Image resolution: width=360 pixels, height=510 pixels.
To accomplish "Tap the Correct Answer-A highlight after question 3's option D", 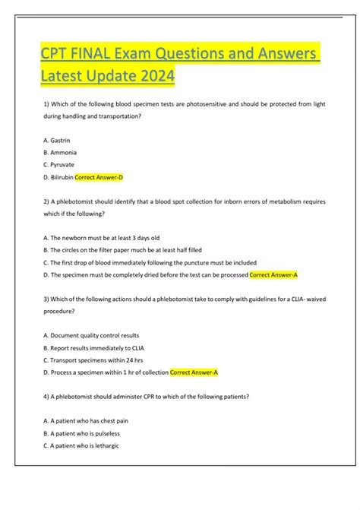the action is point(194,372).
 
